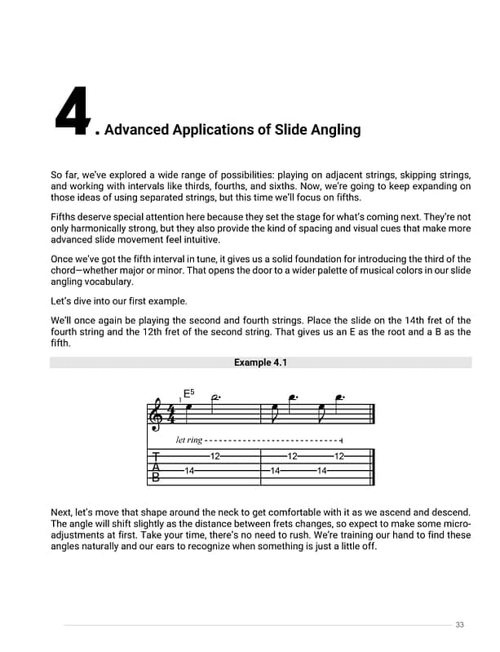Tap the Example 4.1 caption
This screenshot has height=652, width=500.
[x=260, y=362]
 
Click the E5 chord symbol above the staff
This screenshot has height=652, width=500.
[x=188, y=393]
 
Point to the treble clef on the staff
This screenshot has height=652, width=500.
[x=157, y=415]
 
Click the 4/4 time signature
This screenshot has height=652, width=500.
[x=170, y=414]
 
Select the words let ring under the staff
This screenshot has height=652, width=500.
[x=188, y=440]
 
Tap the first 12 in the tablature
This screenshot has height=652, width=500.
[x=215, y=456]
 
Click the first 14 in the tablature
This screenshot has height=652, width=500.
[x=188, y=471]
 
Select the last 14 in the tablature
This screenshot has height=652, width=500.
[x=321, y=471]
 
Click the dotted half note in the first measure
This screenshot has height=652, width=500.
[x=215, y=398]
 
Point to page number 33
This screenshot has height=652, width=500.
[x=459, y=624]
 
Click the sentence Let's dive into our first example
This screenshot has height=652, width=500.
[x=119, y=300]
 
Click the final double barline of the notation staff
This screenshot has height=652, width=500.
[x=373, y=415]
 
